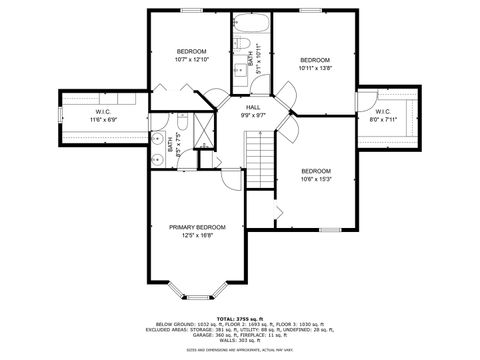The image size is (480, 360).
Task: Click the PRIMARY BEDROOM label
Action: [x=197, y=227]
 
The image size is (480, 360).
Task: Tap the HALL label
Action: [x=253, y=106]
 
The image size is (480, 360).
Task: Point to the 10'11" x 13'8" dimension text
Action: [x=315, y=67]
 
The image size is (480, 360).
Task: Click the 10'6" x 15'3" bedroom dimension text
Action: [x=315, y=179]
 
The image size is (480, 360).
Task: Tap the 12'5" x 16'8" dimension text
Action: [x=197, y=236]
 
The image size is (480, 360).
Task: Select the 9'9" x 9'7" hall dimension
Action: [x=253, y=114]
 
